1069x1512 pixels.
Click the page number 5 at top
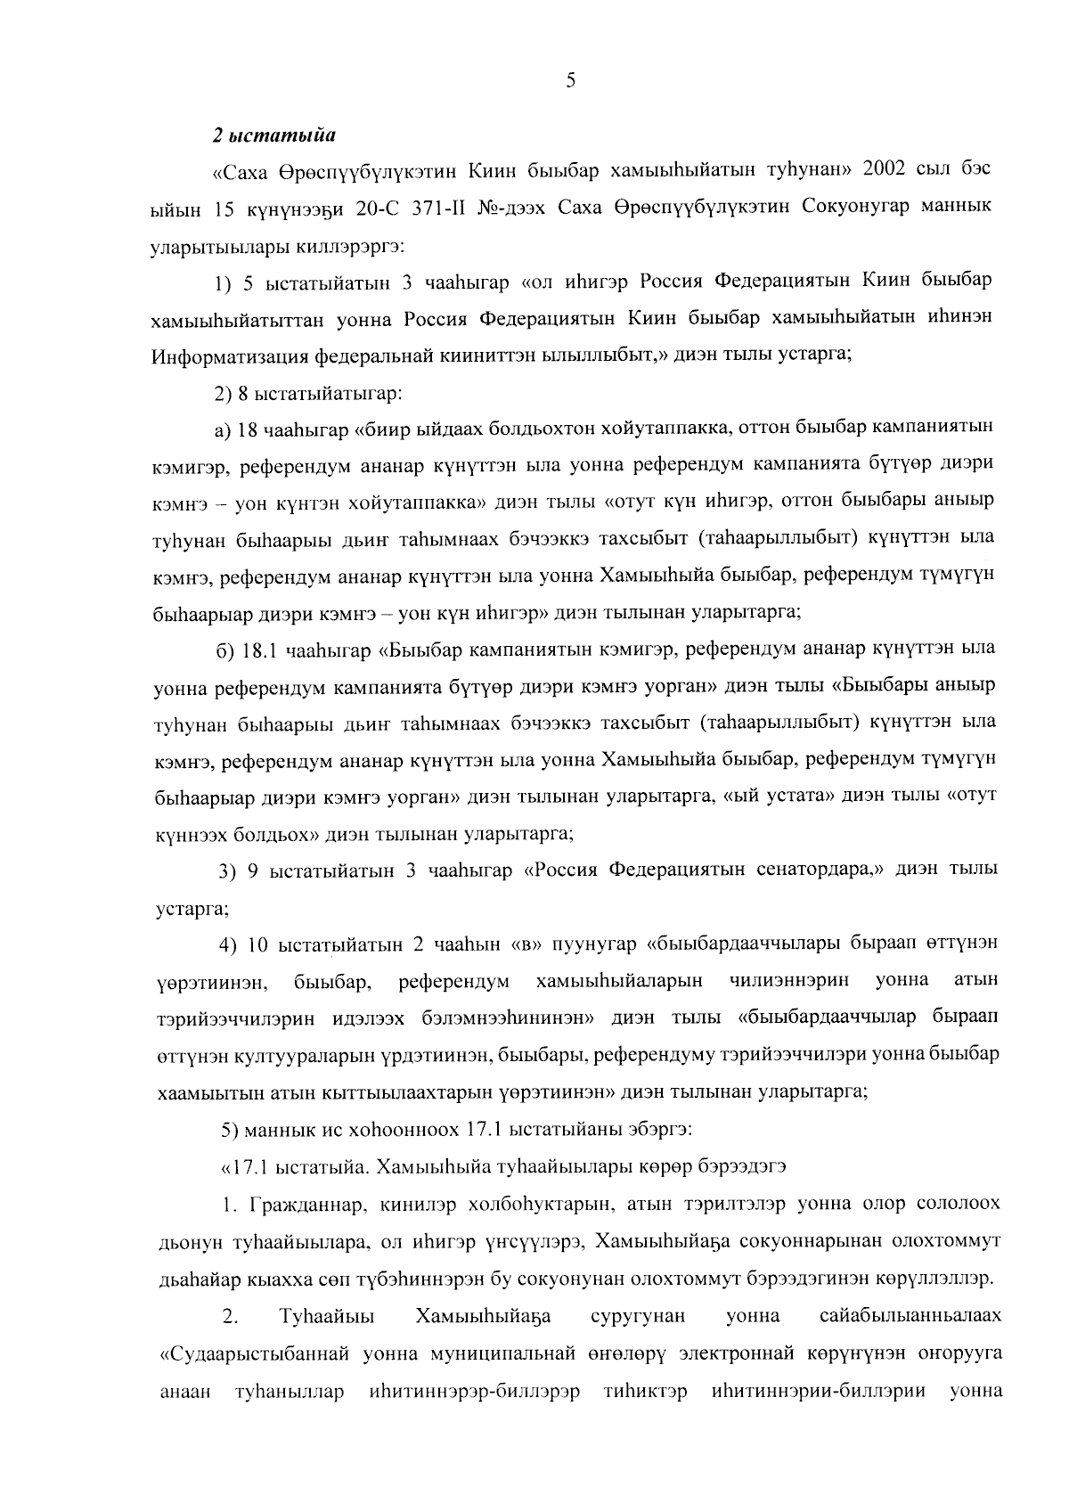point(570,81)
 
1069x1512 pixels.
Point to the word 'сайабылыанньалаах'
point(910,1316)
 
